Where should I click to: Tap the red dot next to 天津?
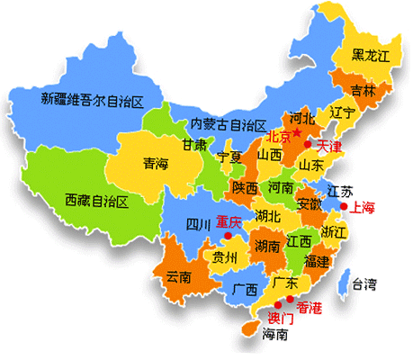coord(308,144)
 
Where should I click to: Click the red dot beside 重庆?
coord(229,236)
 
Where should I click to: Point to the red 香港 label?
coord(309,307)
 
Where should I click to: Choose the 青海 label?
coord(155,164)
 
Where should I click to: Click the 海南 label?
coord(274,335)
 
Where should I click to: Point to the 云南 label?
coord(179,277)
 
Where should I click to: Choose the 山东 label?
coord(311,166)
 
